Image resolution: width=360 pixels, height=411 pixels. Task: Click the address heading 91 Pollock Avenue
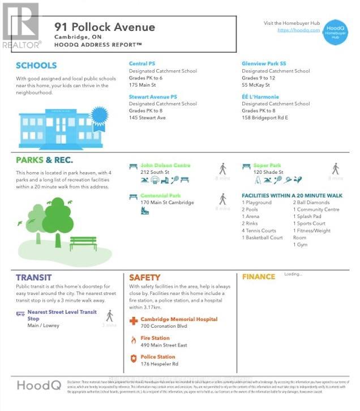pos(104,27)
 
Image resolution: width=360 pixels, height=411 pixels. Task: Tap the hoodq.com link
pos(298,30)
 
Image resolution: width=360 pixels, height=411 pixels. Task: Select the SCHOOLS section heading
pos(36,66)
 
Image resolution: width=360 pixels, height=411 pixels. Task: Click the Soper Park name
pos(268,165)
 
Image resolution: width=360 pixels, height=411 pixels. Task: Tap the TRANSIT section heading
pos(34,277)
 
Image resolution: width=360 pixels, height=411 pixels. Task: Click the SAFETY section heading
pos(144,277)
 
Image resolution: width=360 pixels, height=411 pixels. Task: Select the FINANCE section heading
pos(259,277)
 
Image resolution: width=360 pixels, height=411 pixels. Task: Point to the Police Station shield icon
pos(134,359)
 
